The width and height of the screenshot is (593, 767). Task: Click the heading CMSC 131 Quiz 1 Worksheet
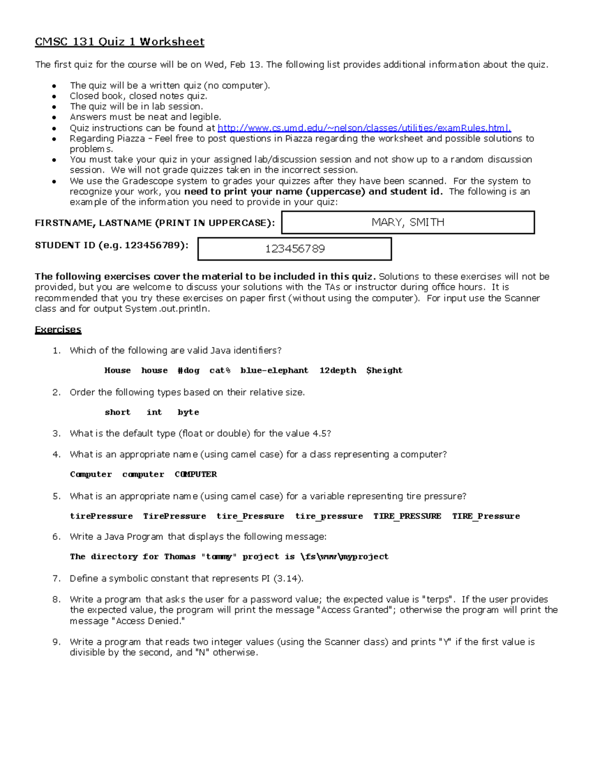click(x=119, y=41)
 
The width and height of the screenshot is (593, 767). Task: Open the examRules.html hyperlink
click(x=364, y=128)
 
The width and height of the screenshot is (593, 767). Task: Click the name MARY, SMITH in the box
click(x=408, y=222)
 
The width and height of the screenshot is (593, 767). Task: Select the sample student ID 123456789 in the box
click(x=295, y=248)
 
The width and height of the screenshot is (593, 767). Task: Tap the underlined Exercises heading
click(x=58, y=329)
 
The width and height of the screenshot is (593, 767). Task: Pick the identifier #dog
click(x=188, y=370)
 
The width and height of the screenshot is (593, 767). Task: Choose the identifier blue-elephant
click(x=274, y=370)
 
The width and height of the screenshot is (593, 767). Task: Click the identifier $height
click(x=384, y=370)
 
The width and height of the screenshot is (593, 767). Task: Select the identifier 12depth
click(x=338, y=370)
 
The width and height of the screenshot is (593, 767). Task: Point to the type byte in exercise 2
click(x=188, y=412)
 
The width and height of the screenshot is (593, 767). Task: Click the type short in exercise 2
click(x=118, y=412)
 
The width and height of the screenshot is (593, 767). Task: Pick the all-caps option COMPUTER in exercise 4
click(x=196, y=474)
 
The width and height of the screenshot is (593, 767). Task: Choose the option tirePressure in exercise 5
click(x=101, y=516)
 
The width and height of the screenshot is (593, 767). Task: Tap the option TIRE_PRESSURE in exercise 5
click(x=407, y=516)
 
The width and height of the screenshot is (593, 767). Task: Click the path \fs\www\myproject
click(x=344, y=557)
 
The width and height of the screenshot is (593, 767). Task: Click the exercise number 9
click(x=56, y=642)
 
